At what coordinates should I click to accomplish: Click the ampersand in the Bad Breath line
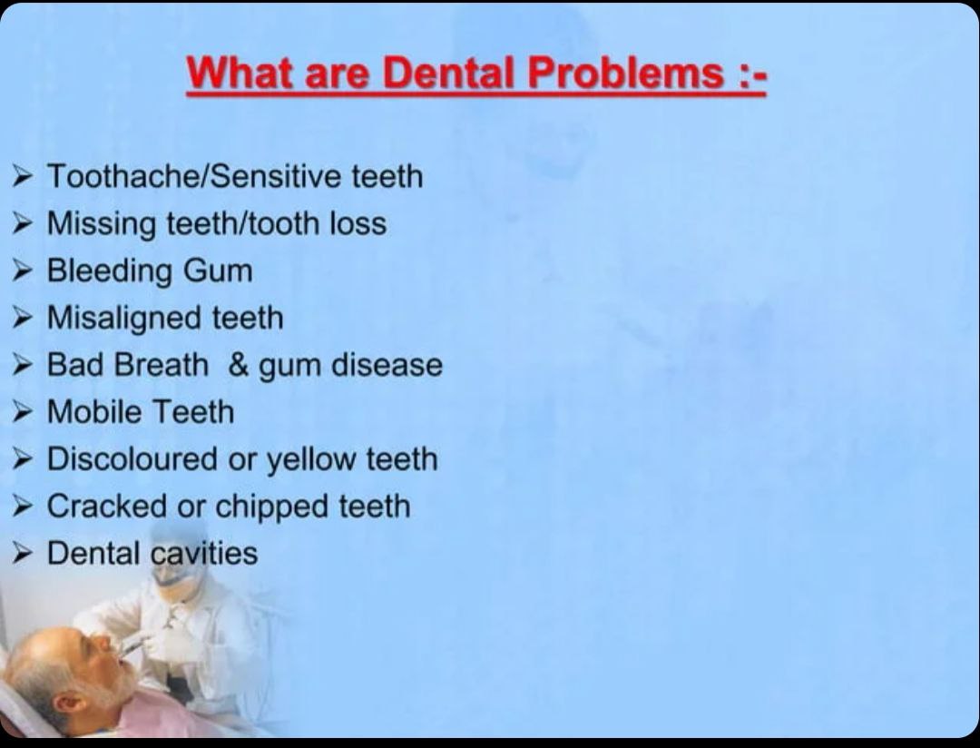239,365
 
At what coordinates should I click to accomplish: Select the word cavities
205,554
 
